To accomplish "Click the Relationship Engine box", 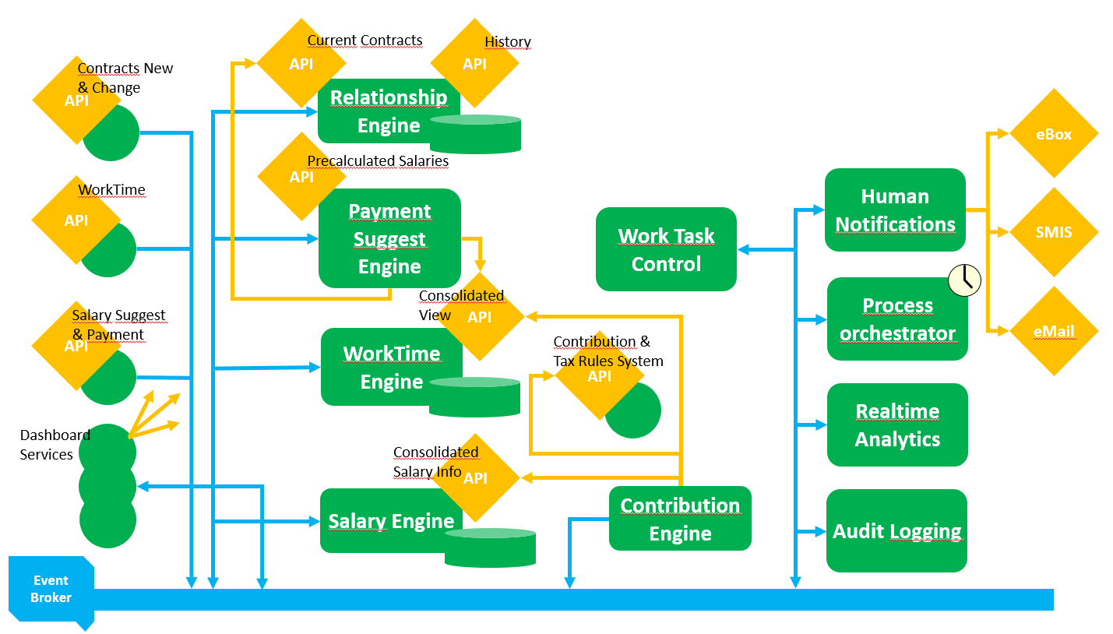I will point(388,111).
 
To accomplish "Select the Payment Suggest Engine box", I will point(389,238).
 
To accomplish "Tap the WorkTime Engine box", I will point(391,367).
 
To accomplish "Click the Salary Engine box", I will point(391,521).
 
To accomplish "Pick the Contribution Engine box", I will point(680,519).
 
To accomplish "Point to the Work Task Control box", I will point(666,249).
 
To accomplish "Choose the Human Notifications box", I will point(895,210).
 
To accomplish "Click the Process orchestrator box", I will point(897,319).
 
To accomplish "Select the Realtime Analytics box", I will point(897,425).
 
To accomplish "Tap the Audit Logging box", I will point(896,531).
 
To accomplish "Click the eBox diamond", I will point(1054,134).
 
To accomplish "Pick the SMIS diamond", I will point(1054,232).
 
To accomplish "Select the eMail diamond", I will point(1054,331).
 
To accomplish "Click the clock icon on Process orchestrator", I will point(964,280).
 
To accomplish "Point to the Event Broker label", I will point(51,590).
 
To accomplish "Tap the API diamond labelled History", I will point(474,64).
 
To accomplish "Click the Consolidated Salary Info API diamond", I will point(475,478).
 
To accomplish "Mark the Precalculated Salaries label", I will point(378,161).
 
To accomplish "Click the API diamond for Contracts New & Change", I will point(76,100).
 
